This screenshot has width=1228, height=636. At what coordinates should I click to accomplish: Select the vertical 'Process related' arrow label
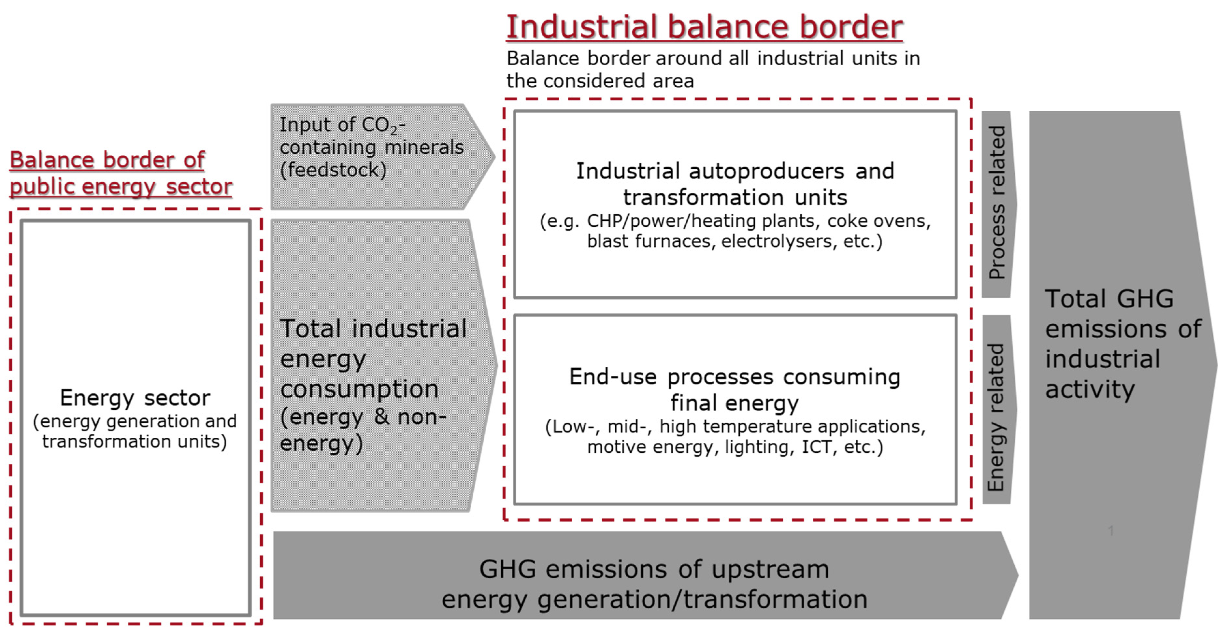pos(997,203)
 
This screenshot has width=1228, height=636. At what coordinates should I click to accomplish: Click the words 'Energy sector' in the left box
pos(135,398)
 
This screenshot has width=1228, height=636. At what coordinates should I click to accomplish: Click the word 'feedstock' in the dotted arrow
pos(333,170)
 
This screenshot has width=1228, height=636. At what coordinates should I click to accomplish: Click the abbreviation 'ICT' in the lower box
pos(817,447)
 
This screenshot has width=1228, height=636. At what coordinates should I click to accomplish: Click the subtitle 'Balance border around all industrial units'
pos(713,59)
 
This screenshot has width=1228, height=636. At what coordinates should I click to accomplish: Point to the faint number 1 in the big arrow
pos(1111,530)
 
